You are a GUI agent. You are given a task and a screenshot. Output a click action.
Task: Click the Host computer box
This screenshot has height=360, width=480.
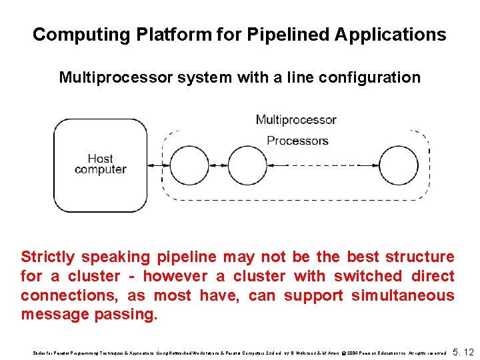click(x=100, y=164)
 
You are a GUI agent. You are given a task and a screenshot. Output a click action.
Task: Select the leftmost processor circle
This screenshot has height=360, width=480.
click(x=190, y=165)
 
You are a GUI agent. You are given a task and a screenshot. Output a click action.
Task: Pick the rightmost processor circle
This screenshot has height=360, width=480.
click(x=398, y=165)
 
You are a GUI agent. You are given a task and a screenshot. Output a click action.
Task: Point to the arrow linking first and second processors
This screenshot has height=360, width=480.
click(x=219, y=165)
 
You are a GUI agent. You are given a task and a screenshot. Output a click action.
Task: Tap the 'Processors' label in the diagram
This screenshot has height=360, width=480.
click(x=297, y=141)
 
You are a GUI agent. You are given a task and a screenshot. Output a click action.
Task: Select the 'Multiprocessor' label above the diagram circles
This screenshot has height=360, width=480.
click(x=296, y=120)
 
